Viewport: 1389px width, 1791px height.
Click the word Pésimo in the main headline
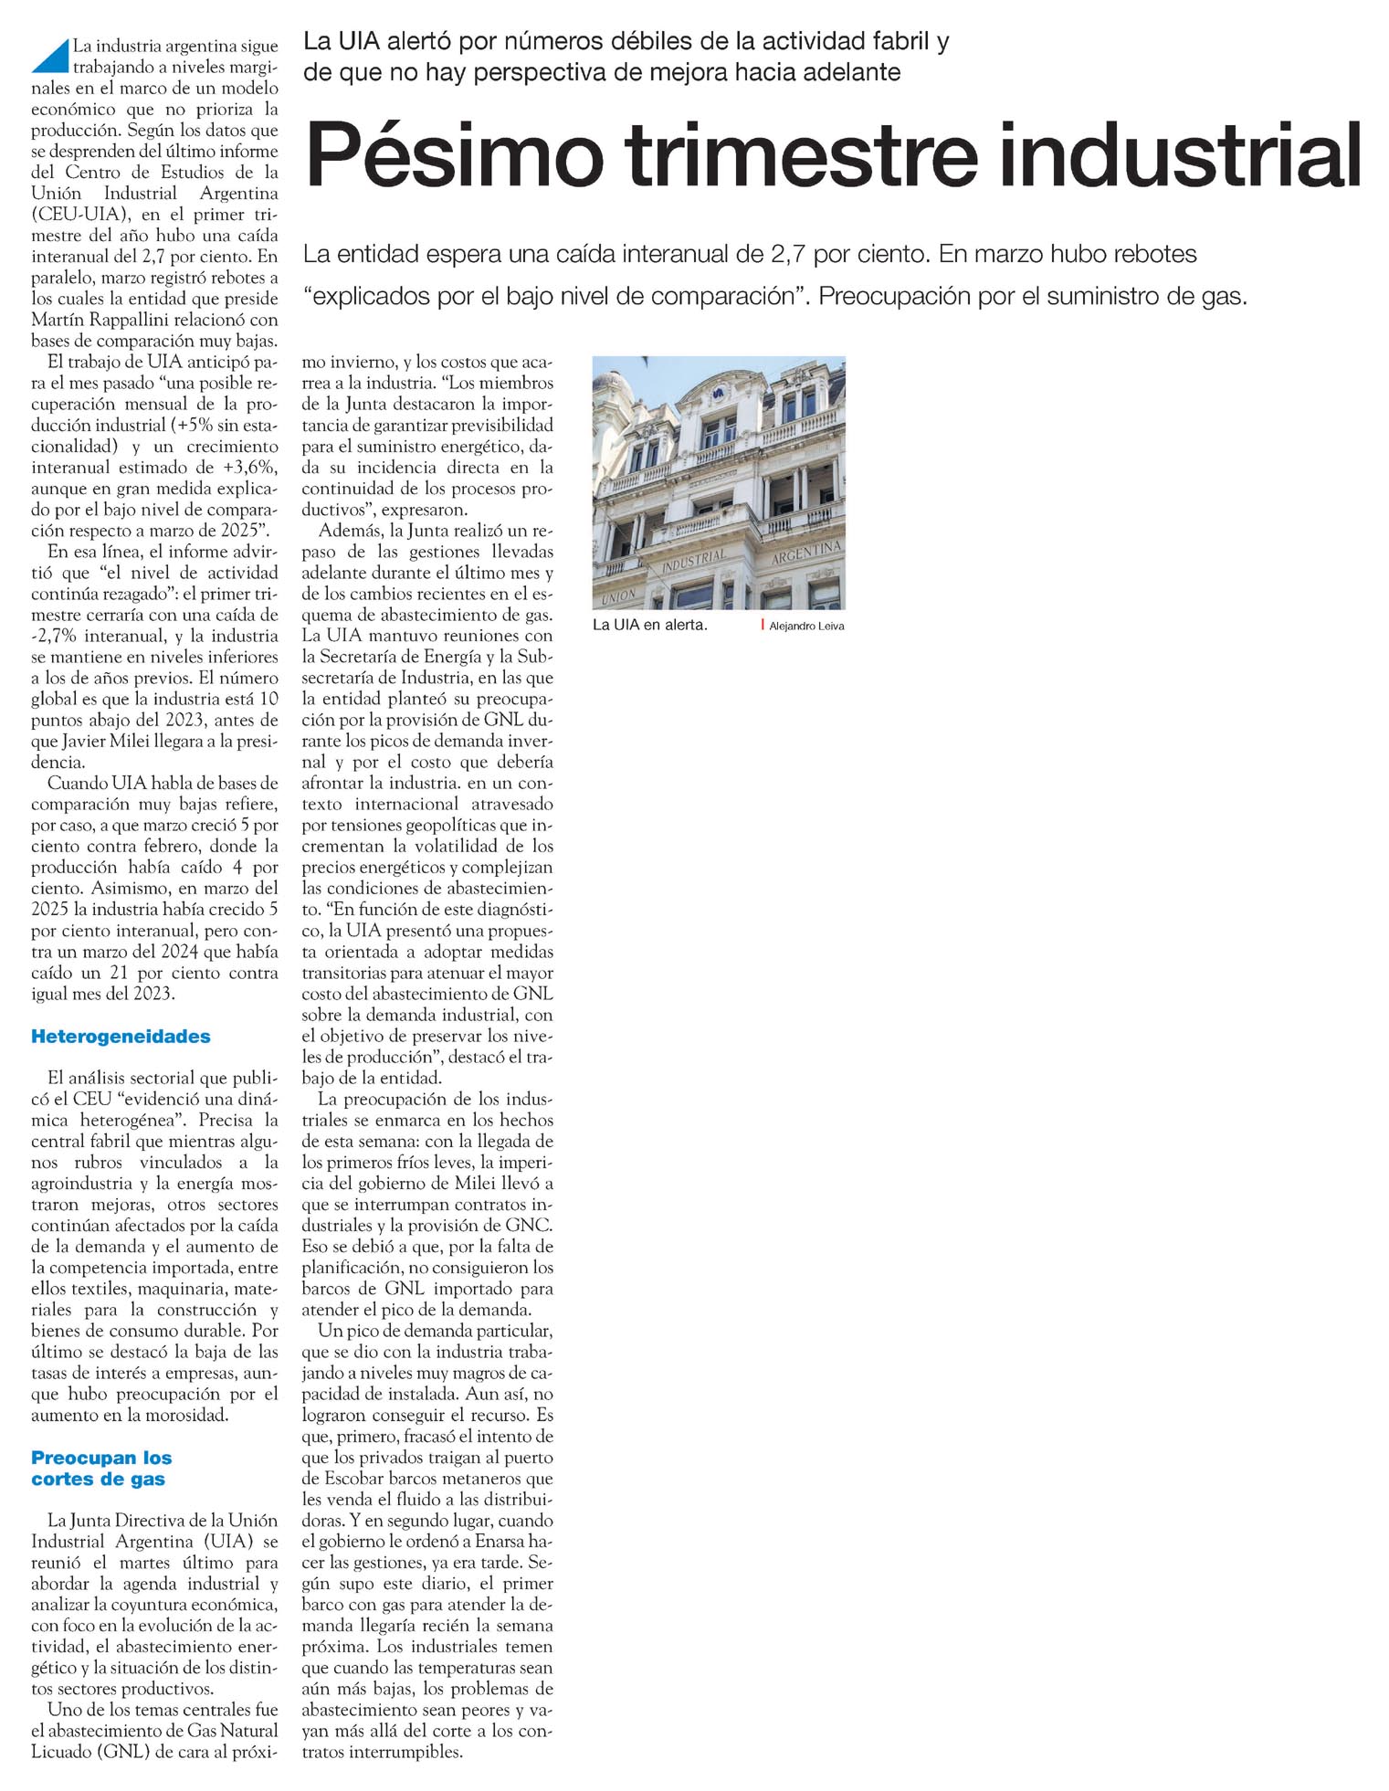(454, 155)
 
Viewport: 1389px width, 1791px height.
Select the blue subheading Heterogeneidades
(121, 1037)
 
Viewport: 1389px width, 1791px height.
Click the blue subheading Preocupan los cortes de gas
(101, 1469)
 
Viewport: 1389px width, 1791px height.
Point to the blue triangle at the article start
(53, 57)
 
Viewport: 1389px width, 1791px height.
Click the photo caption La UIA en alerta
(649, 626)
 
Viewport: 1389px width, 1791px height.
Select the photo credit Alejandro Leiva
(806, 627)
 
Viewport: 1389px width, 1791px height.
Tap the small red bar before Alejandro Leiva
(763, 625)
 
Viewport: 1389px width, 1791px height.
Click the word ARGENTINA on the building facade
(805, 552)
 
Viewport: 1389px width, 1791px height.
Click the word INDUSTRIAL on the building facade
(693, 562)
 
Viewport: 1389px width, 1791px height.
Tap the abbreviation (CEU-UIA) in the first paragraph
(79, 216)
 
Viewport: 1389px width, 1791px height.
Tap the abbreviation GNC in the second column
(529, 1226)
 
